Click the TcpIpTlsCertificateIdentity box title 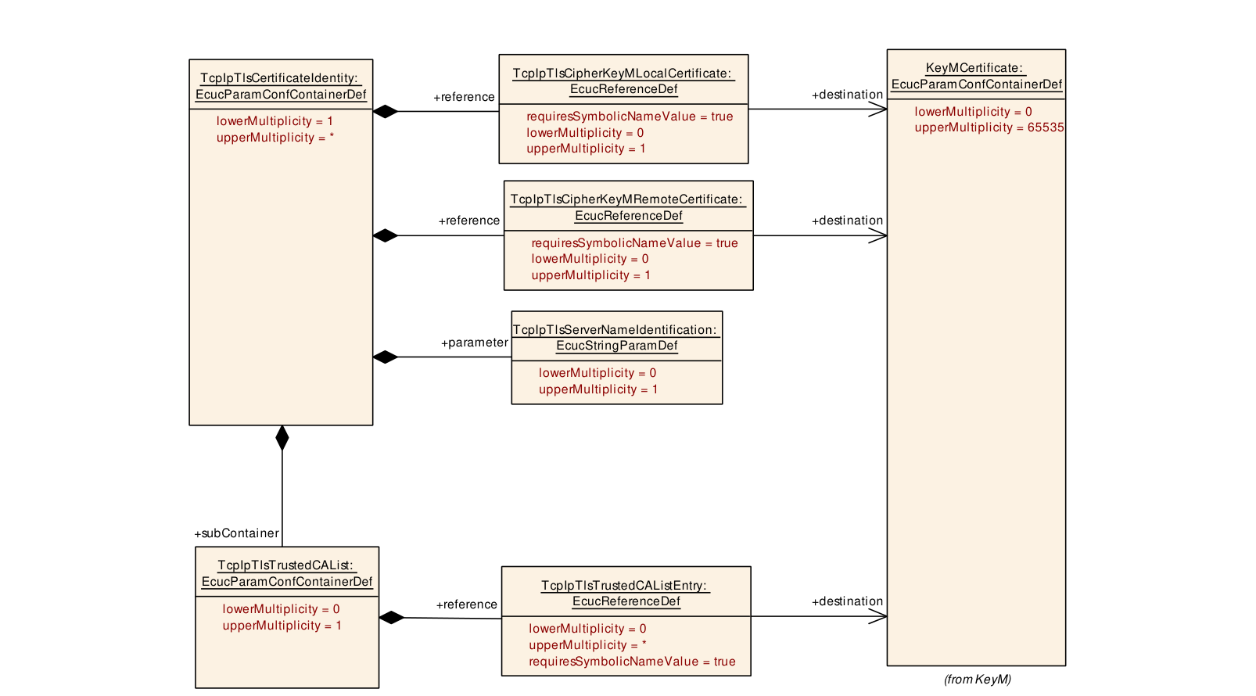pos(280,86)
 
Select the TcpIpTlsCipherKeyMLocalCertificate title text pos(623,81)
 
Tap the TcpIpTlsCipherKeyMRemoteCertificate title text pos(627,207)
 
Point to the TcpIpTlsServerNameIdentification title pos(615,338)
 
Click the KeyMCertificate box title pos(976,76)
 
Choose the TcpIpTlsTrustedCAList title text pos(286,573)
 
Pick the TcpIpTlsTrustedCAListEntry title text pos(625,594)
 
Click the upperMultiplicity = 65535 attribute pos(989,127)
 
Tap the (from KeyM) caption pos(978,679)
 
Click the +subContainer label pos(236,533)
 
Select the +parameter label pos(475,343)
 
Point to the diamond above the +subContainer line pos(282,437)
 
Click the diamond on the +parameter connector pos(386,357)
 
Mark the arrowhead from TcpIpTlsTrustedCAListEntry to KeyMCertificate pos(878,616)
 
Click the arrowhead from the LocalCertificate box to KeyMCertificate pos(878,109)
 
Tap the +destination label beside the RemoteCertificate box pos(847,221)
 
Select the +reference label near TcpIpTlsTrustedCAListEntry pos(467,605)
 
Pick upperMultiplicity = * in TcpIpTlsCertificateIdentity pos(275,138)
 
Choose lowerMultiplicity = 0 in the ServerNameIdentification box pos(597,373)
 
